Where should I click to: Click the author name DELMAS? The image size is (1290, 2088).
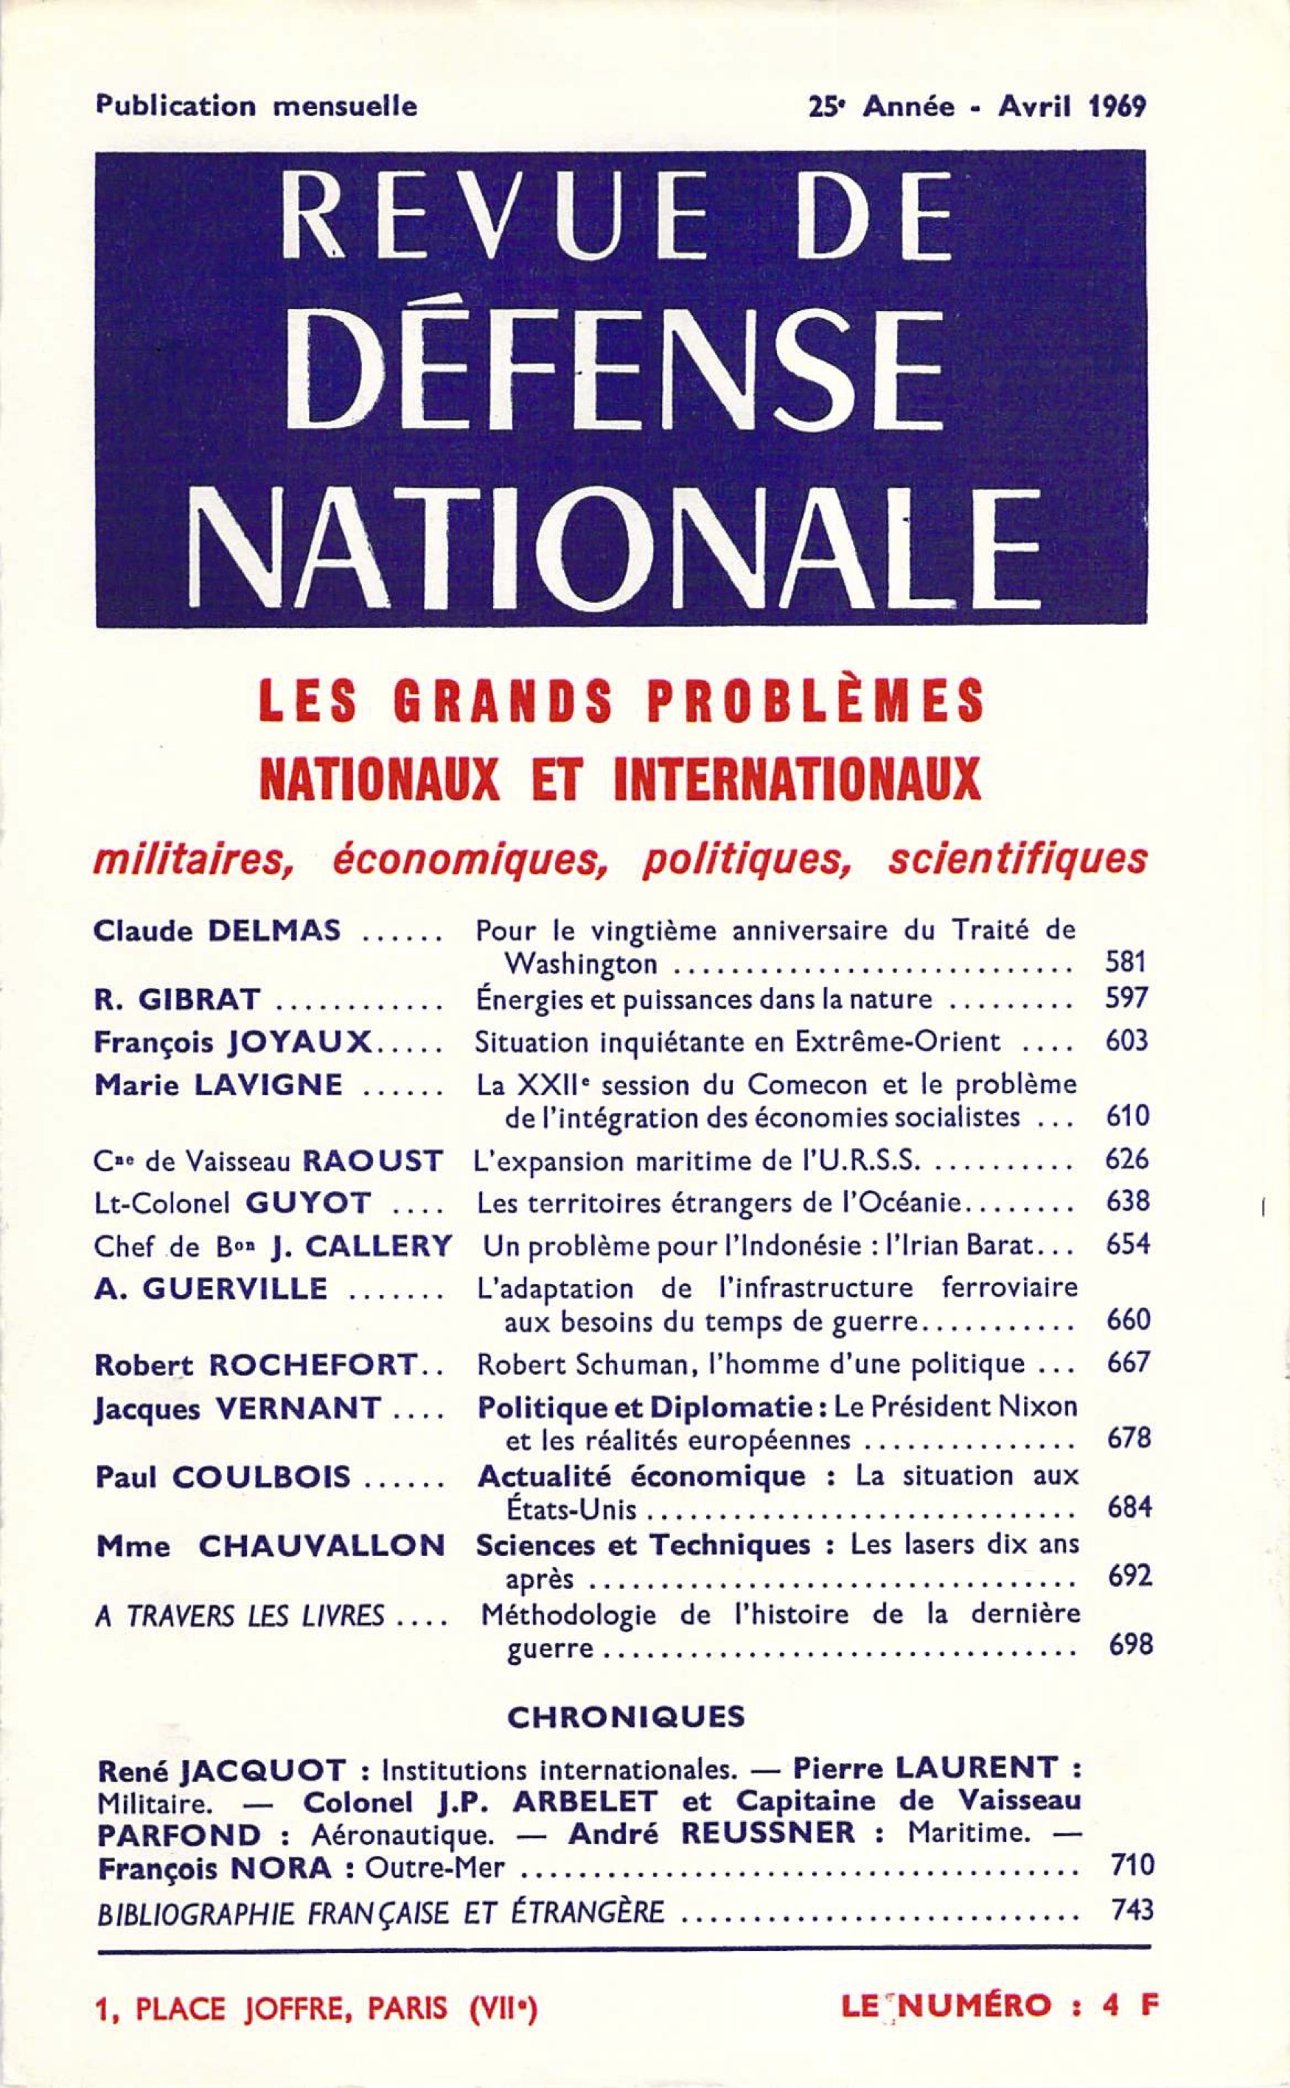(275, 931)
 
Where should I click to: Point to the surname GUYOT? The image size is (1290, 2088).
(308, 1203)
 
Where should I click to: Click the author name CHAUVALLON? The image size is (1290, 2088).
(321, 1545)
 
